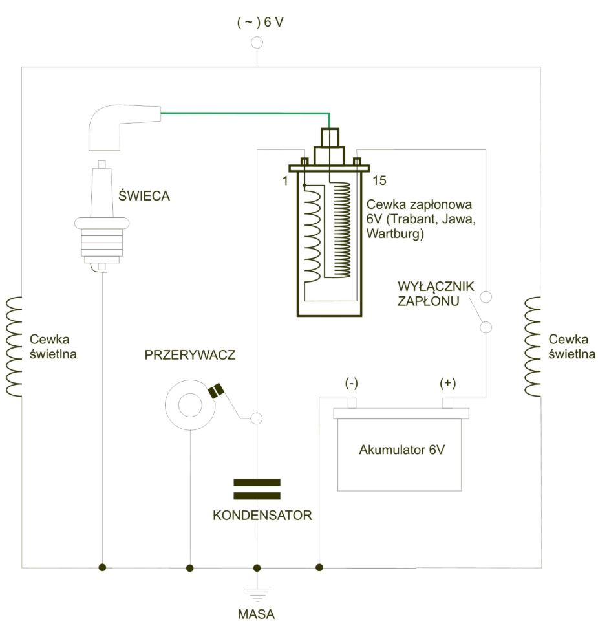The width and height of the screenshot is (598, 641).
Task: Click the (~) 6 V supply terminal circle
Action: pos(257,43)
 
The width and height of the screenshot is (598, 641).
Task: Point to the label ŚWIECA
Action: pos(144,195)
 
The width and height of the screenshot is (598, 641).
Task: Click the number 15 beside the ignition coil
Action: pos(379,180)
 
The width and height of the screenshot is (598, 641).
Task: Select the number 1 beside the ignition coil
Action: pos(285,180)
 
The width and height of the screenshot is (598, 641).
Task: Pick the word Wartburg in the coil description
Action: pos(395,234)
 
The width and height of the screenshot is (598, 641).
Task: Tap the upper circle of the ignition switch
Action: pos(486,297)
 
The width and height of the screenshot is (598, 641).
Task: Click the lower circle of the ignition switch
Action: pos(486,327)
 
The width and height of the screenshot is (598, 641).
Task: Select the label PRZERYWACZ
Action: pos(190,355)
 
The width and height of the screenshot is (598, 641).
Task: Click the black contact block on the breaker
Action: pos(216,391)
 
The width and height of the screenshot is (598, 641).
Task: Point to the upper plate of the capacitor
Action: pos(257,483)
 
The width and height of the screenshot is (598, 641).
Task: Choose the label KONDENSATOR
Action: pos(262,515)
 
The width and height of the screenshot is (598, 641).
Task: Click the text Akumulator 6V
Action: pos(402,450)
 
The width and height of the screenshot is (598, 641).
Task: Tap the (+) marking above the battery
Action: pos(447,383)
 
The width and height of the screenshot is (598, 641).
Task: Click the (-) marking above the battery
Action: pos(351,383)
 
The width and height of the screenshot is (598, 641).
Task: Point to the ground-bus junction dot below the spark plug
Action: pos(103,567)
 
